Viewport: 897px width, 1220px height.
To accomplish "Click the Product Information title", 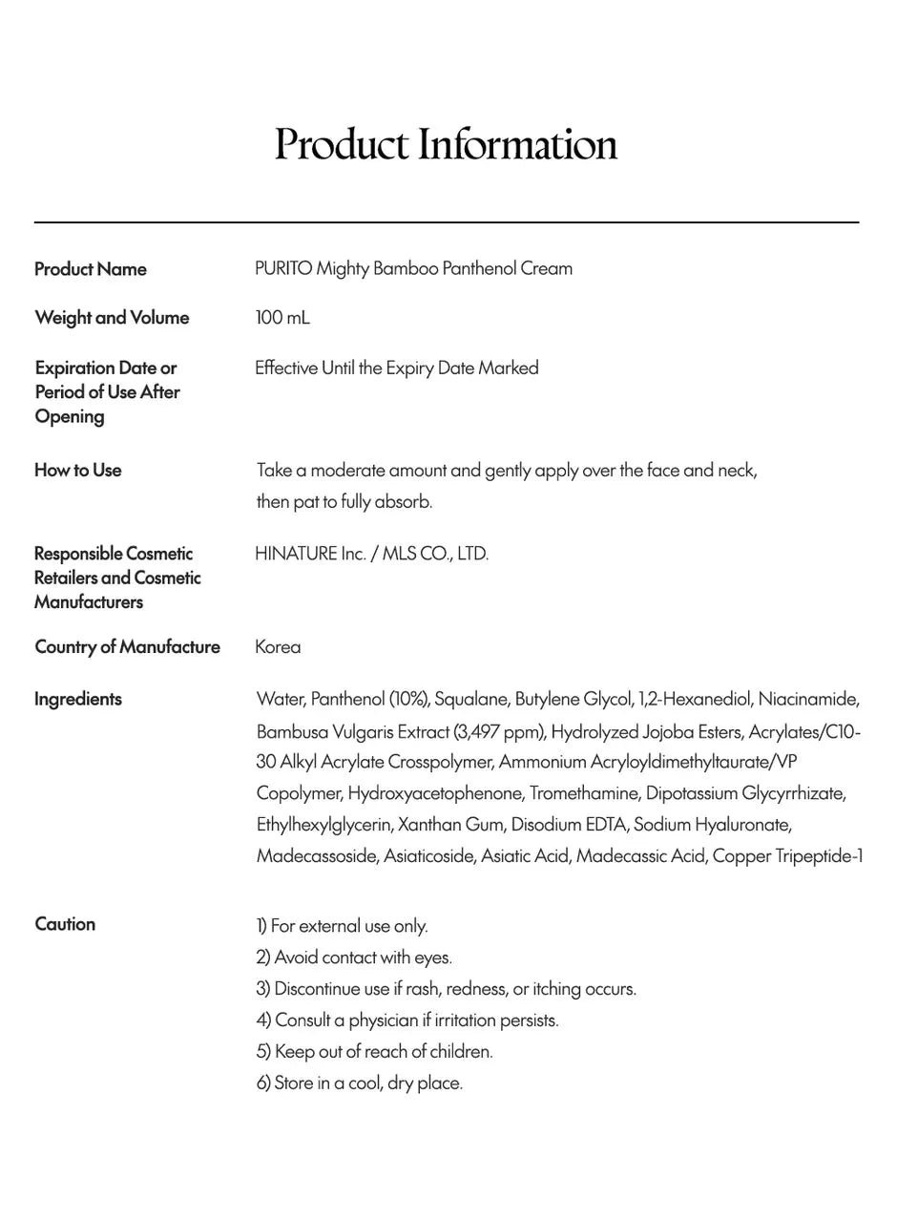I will click(447, 145).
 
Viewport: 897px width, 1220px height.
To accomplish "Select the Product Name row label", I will click(91, 269).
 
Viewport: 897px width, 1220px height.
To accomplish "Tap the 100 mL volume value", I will click(282, 318).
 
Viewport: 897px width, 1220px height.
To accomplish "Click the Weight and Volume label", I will click(112, 318).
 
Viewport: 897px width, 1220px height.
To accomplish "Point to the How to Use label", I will click(78, 471).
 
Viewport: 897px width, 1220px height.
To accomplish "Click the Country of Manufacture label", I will click(127, 647).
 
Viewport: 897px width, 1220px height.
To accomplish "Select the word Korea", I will click(278, 647).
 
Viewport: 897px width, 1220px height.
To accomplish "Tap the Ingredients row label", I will click(78, 699).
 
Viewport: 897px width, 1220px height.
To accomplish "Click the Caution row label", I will click(65, 924).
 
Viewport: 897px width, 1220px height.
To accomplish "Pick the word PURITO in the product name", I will click(283, 269).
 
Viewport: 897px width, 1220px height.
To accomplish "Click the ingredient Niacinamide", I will click(807, 700).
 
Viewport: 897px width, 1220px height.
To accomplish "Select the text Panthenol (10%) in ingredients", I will click(370, 700).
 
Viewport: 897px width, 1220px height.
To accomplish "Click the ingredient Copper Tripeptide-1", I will click(787, 856).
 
